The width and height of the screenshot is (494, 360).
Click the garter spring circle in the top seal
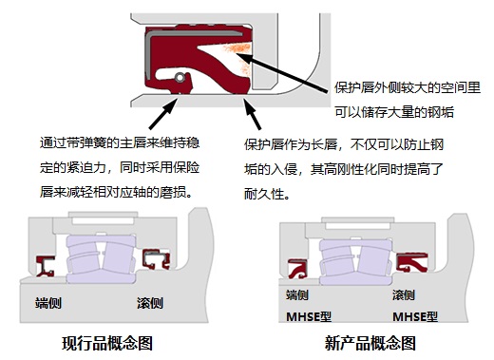click(x=179, y=76)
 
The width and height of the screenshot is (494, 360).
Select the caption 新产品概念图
click(x=371, y=342)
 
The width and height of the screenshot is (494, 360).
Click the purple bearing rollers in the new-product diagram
click(x=355, y=262)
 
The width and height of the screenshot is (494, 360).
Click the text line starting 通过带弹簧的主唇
click(x=119, y=143)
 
